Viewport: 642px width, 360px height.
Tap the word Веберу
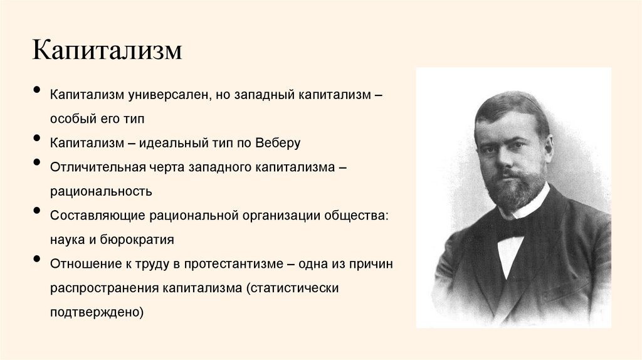point(278,142)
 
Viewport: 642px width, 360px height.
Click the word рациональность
point(102,191)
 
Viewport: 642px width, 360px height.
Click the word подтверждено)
point(98,311)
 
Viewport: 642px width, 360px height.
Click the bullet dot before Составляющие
point(38,213)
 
